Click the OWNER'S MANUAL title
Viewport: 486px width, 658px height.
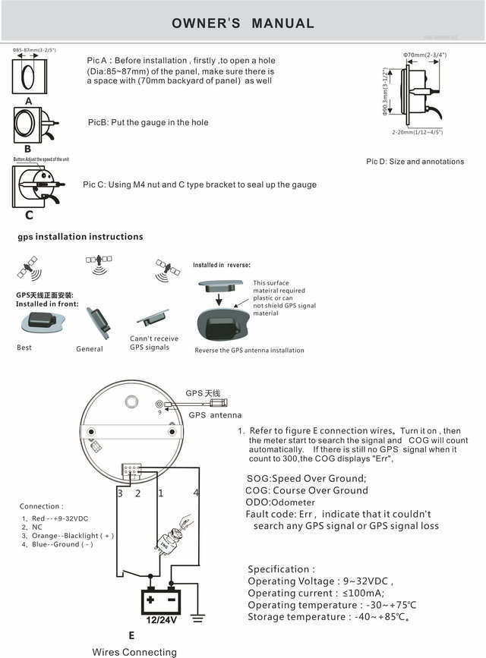point(243,24)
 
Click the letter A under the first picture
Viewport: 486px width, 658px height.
point(28,100)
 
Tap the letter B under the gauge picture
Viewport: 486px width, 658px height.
point(28,150)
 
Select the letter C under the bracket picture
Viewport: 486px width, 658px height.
point(30,215)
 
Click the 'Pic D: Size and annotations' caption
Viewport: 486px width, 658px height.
point(415,162)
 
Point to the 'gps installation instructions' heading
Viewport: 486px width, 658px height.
point(80,237)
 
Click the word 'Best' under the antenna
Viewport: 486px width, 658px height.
point(24,348)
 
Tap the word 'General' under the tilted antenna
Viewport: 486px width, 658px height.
point(89,349)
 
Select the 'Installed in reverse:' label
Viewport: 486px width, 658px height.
point(221,265)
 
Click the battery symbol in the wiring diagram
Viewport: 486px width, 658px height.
point(160,600)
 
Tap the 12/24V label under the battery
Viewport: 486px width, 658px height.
point(160,620)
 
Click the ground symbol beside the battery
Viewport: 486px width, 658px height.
point(198,616)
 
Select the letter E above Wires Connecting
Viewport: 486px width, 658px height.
point(131,636)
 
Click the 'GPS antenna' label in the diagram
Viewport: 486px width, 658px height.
point(215,415)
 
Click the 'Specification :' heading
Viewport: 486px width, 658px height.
point(281,569)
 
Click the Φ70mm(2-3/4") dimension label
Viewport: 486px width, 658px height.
point(424,55)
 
